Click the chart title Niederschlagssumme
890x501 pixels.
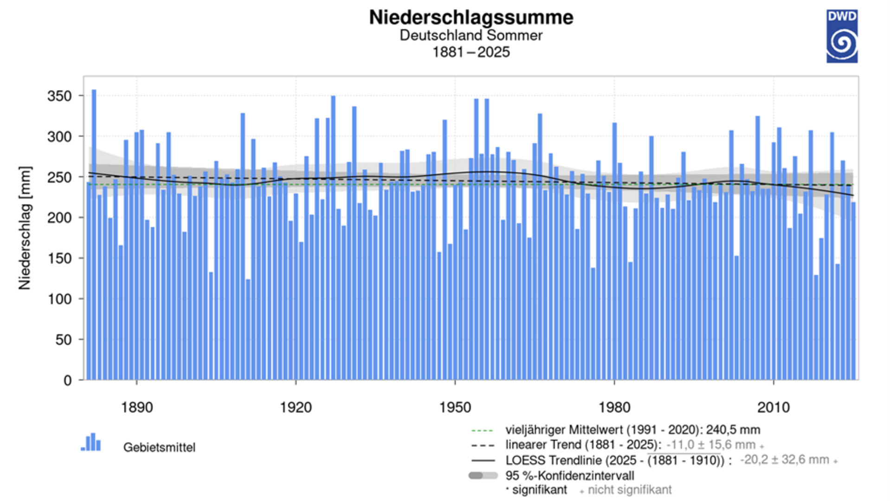[471, 18]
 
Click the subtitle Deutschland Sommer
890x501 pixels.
[471, 35]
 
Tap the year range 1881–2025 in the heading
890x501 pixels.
[471, 52]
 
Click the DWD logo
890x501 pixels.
[841, 36]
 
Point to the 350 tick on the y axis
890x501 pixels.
[59, 96]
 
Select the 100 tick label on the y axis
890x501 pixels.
[59, 299]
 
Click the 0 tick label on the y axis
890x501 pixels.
[68, 380]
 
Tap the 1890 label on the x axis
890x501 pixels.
[136, 407]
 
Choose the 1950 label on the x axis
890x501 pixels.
[455, 407]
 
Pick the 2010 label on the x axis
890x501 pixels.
[773, 407]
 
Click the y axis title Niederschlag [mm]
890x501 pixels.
[25, 228]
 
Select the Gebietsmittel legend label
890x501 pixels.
[159, 447]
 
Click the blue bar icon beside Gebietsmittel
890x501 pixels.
[91, 442]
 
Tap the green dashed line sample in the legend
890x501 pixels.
[482, 430]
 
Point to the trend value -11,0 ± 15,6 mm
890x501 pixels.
[711, 445]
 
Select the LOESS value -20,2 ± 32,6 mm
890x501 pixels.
[784, 460]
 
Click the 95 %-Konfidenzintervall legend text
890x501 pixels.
[569, 475]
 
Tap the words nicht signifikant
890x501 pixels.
[629, 490]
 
